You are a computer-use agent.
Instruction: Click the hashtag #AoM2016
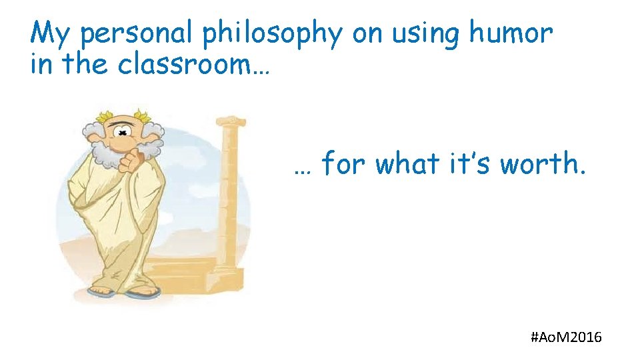click(x=566, y=337)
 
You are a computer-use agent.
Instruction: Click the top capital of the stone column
click(x=230, y=123)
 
